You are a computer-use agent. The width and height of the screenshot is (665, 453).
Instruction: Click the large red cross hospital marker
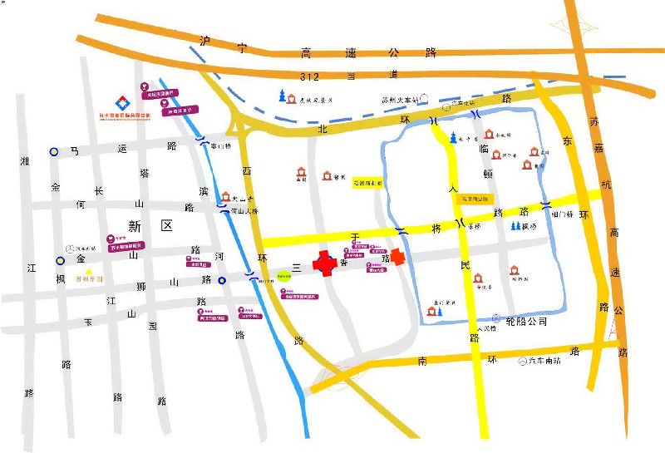click(324, 263)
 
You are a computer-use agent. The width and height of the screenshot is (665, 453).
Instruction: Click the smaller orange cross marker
click(400, 257)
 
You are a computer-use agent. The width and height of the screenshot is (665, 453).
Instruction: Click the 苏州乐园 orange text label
click(89, 279)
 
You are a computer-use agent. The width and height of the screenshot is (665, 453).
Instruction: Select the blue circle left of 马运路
click(54, 151)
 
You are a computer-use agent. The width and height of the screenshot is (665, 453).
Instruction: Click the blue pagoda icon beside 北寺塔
click(453, 137)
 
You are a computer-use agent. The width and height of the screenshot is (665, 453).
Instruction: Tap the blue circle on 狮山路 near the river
click(222, 280)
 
